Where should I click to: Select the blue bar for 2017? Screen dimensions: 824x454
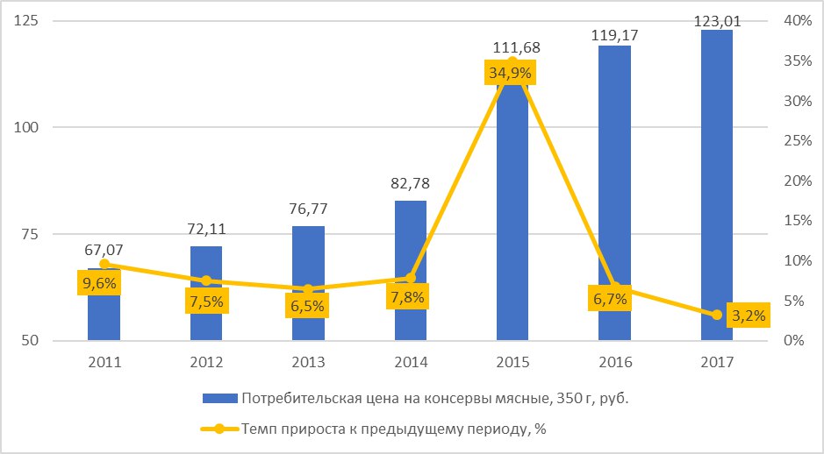(x=717, y=185)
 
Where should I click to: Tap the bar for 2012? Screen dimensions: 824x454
(x=206, y=294)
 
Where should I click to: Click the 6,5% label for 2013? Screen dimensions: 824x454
(x=307, y=306)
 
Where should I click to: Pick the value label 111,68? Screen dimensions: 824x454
(x=517, y=47)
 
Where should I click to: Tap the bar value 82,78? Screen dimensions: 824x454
(x=411, y=184)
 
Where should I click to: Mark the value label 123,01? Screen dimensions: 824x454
(x=717, y=22)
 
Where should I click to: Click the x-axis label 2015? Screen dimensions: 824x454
(x=512, y=363)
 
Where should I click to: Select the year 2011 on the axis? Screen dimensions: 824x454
(x=104, y=363)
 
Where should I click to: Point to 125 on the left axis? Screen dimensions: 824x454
(x=27, y=21)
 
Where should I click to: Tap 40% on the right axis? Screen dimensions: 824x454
(x=797, y=21)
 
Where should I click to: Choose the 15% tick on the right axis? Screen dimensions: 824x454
(x=797, y=221)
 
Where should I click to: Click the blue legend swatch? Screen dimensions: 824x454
(x=220, y=399)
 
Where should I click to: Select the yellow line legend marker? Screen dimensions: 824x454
(x=220, y=429)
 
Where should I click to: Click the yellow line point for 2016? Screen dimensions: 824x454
(x=615, y=287)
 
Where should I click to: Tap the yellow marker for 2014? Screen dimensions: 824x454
(x=411, y=278)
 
